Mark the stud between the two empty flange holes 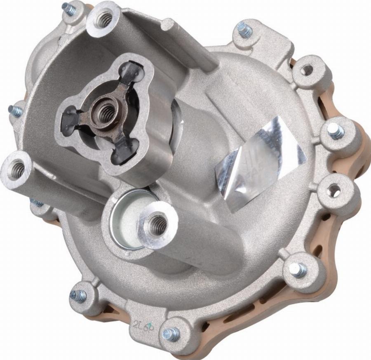click(335, 132)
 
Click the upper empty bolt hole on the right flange click(308, 70)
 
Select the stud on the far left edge click(15, 111)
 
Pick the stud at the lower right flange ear click(296, 269)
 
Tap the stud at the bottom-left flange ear click(78, 295)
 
